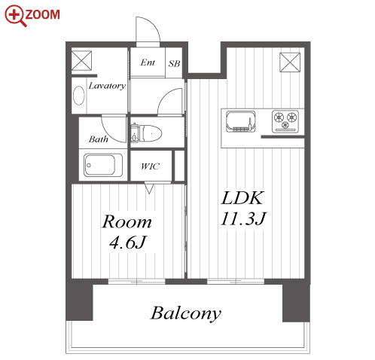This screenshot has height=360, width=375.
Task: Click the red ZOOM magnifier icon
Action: (x=16, y=16)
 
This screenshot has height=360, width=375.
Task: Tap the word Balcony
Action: (x=186, y=313)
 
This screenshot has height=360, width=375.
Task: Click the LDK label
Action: (x=242, y=198)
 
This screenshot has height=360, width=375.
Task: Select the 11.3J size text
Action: (x=243, y=218)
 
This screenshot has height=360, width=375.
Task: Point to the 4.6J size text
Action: (x=128, y=243)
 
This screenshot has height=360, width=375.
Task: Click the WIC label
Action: (x=150, y=166)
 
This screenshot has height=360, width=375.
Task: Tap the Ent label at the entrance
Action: (x=148, y=63)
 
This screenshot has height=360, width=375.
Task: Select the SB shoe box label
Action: (x=174, y=64)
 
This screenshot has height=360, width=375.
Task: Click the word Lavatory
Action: (x=107, y=86)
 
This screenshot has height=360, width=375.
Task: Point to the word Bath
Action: (x=99, y=139)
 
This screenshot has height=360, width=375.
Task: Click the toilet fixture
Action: (x=146, y=133)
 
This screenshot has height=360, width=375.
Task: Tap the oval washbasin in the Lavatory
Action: (x=79, y=96)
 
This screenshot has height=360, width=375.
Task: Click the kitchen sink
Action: (x=241, y=122)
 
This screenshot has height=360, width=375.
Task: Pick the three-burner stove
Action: (x=285, y=121)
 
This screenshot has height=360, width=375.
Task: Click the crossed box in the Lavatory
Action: (x=81, y=60)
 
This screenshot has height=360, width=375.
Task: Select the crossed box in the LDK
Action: (x=290, y=63)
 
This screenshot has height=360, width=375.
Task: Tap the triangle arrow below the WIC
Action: (x=149, y=188)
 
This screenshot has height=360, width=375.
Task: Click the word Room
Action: (x=127, y=222)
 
